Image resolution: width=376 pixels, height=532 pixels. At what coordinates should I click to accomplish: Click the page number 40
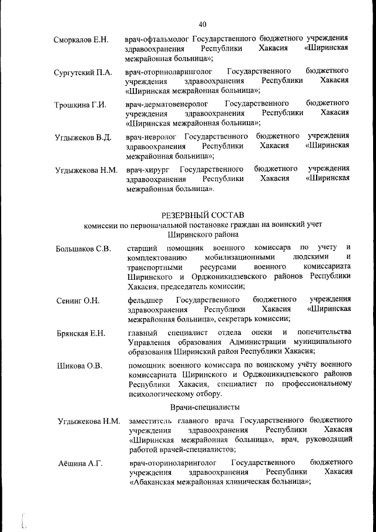point(203,24)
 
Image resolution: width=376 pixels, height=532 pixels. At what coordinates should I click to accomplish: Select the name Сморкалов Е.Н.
point(80,40)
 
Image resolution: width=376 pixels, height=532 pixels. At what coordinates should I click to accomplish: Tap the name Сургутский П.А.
point(83,73)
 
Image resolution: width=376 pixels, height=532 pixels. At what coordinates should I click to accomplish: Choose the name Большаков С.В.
point(83,249)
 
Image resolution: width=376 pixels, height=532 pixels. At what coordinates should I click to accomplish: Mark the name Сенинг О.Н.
point(78,301)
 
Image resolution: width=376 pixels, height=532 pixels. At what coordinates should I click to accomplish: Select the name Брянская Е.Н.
point(81,334)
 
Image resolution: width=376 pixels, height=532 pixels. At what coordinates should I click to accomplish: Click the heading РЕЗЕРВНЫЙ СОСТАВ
point(203,214)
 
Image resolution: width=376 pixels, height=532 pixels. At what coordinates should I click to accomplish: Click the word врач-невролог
point(152,136)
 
